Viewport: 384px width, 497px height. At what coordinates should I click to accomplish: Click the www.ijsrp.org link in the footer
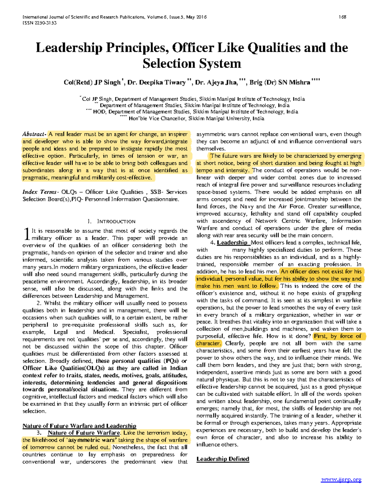tap(341, 479)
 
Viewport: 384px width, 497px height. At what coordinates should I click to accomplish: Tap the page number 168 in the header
tap(342, 17)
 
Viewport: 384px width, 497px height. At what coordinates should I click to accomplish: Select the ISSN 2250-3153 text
tap(39, 23)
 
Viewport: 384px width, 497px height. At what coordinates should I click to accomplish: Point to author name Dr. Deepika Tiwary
tap(157, 83)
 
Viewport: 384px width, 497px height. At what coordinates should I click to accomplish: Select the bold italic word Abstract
tap(34, 134)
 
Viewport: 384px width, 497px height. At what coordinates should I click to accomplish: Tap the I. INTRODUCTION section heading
tap(111, 221)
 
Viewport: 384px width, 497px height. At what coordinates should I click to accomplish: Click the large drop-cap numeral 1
tap(27, 234)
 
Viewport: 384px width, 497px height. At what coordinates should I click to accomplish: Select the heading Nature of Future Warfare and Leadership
tap(79, 426)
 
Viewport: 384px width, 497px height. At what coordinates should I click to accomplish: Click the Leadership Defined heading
tap(223, 459)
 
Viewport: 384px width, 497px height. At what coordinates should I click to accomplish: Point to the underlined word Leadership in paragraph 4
tap(232, 243)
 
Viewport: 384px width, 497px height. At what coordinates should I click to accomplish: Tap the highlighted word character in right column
tap(208, 343)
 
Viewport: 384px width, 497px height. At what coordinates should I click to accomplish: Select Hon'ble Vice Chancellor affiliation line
tap(196, 118)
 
